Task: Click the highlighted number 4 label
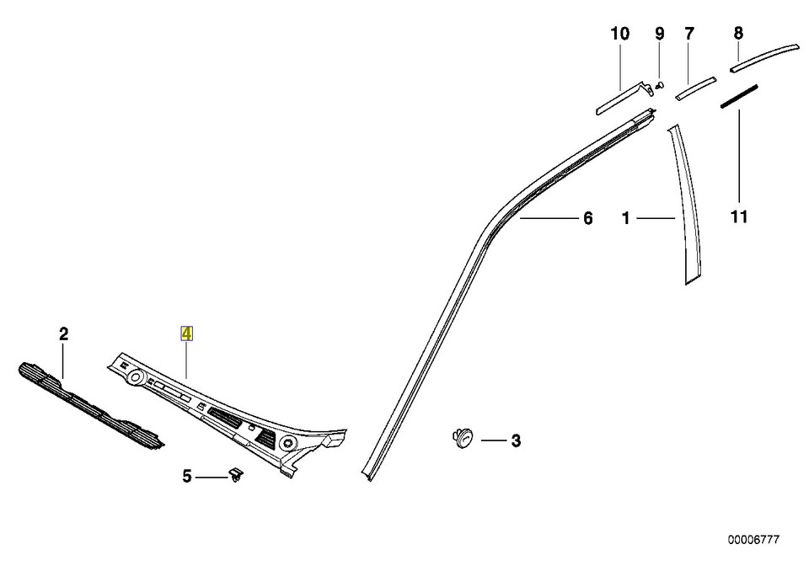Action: click(187, 334)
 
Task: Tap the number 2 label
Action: click(63, 334)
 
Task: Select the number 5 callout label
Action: click(187, 478)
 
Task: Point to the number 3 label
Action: click(516, 440)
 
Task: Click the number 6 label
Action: click(588, 219)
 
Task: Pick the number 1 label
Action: click(626, 219)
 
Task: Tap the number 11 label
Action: click(739, 217)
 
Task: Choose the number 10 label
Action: click(620, 34)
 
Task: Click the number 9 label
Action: click(660, 34)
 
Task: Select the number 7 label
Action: click(689, 34)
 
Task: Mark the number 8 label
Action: click(738, 34)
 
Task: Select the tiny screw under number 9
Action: click(661, 84)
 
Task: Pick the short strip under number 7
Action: click(696, 88)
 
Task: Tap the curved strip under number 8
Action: click(763, 55)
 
